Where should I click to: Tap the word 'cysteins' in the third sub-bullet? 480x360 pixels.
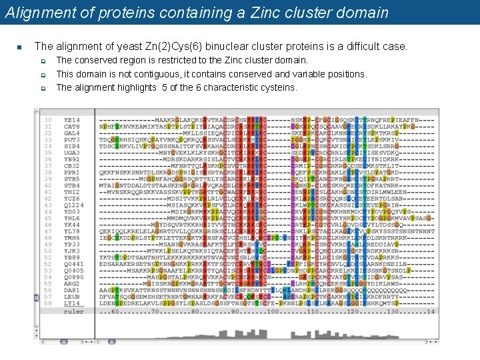tap(279, 87)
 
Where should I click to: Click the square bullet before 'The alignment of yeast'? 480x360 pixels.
tap(20, 47)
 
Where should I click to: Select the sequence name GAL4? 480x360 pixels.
tap(71, 133)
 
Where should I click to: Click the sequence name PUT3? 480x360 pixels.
tap(71, 139)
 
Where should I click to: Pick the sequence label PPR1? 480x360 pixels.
tap(71, 172)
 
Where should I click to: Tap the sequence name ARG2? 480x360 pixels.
tap(71, 283)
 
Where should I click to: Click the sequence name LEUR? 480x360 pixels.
tap(71, 297)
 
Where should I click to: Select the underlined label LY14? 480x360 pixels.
tap(71, 303)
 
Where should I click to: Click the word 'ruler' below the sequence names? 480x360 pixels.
tap(73, 311)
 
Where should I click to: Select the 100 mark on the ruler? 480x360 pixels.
tap(273, 311)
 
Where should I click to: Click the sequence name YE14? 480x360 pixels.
tap(71, 119)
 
